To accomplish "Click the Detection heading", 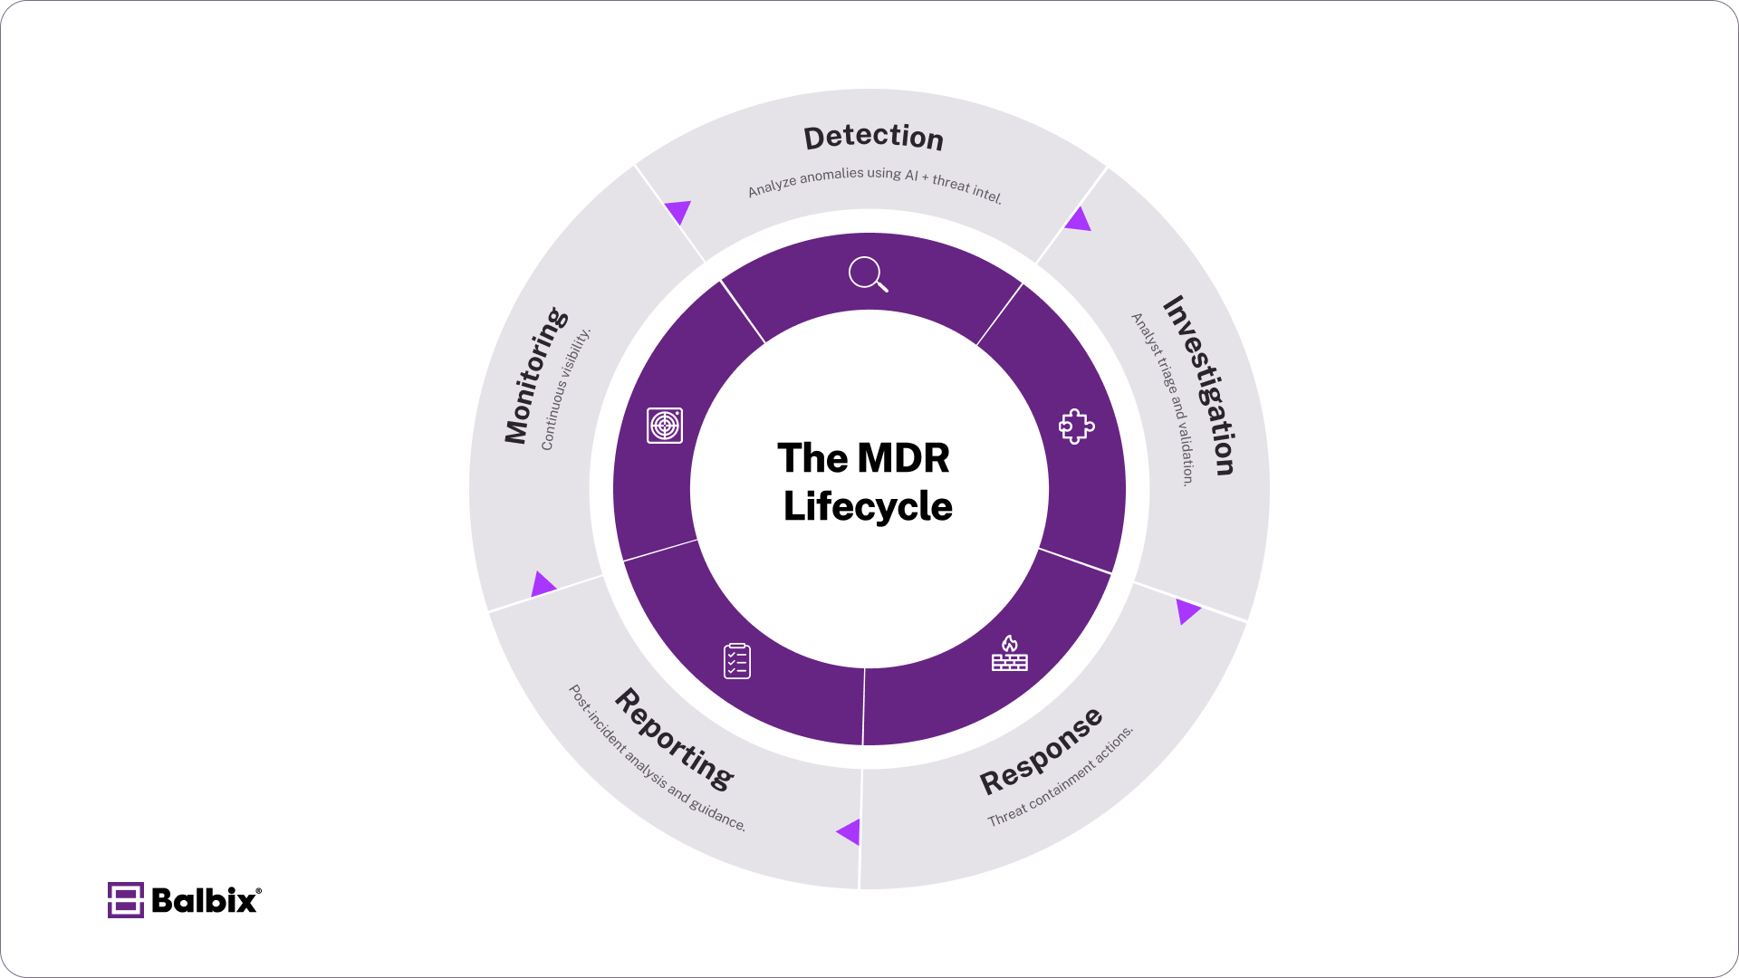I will tap(873, 137).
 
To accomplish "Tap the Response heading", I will tap(1042, 752).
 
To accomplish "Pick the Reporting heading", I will tap(675, 738).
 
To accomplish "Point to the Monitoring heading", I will tap(535, 376).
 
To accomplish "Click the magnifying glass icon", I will tap(868, 273).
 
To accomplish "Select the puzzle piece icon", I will tap(1076, 426).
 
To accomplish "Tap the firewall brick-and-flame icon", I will tap(1009, 654).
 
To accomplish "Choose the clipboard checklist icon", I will tap(737, 661).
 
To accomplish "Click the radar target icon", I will tap(665, 426).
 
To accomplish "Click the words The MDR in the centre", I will tap(863, 458).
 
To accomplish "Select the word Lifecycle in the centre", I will tap(868, 506).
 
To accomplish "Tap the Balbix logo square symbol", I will tap(126, 900).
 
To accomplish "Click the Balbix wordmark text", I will tap(205, 900).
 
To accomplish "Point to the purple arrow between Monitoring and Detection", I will tap(678, 212).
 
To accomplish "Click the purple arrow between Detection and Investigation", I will tap(1078, 220).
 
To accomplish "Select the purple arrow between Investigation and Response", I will tap(1187, 611).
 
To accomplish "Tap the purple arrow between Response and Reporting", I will tap(850, 831).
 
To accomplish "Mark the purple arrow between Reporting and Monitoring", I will tap(543, 584).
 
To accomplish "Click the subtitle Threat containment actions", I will tap(1060, 777).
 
